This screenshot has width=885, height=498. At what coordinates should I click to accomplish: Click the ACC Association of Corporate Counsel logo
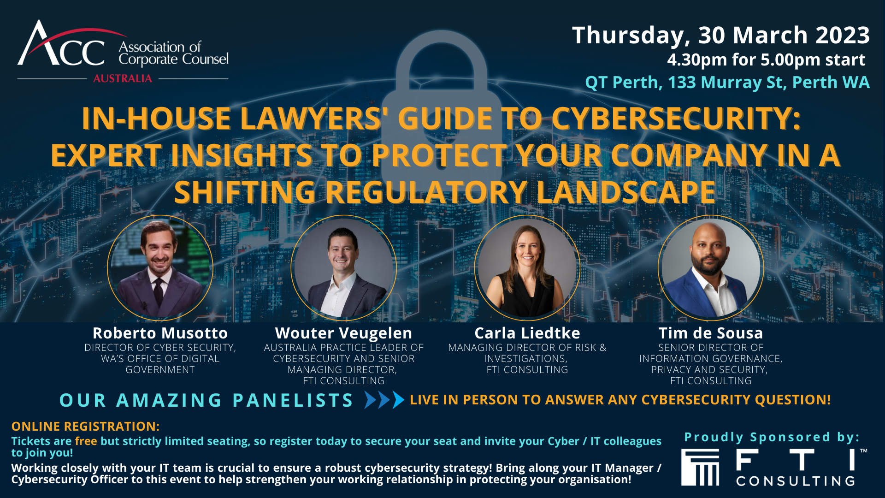coord(123,51)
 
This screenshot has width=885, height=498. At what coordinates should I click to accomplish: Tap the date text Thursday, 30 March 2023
coord(721,36)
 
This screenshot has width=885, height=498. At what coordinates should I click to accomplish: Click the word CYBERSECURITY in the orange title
coord(676,119)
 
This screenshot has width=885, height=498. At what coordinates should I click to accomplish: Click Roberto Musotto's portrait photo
coord(160,268)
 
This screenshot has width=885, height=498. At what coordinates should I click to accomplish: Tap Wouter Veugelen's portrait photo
coord(344,268)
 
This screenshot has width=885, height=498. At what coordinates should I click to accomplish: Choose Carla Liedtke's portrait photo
coord(527,268)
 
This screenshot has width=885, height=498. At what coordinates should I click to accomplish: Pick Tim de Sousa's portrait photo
coord(711,268)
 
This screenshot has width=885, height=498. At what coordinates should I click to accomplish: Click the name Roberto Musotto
coord(160,333)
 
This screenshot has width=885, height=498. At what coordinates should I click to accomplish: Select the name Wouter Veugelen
coord(344,333)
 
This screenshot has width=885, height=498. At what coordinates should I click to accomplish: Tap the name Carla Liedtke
coord(527,333)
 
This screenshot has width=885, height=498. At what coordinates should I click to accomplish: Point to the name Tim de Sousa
coord(711,333)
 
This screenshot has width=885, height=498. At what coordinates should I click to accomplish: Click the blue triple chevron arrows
coord(384,400)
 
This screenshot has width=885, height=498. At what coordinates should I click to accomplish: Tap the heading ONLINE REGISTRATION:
coord(85,427)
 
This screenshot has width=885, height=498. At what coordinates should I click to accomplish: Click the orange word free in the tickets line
coord(86,441)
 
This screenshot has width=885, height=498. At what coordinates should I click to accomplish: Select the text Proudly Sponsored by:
coord(772,437)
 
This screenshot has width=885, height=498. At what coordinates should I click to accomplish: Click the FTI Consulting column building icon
coord(701,468)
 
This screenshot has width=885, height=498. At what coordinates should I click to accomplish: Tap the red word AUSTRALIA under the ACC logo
coord(123,78)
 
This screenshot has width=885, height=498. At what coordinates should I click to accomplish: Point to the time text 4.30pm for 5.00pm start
coord(766,60)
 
